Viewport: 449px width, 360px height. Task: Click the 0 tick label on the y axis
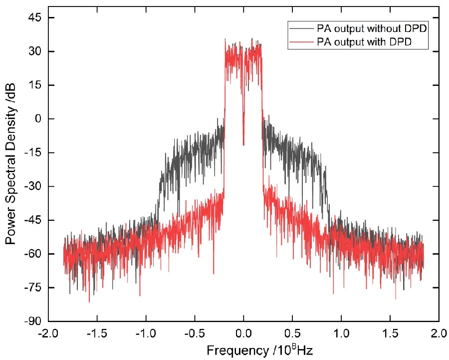[37, 119]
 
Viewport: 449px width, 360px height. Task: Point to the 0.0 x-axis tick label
[243, 333]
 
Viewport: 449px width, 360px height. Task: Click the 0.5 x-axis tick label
[292, 333]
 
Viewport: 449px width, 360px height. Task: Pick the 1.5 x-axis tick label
[390, 333]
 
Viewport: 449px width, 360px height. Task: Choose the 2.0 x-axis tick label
[439, 333]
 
